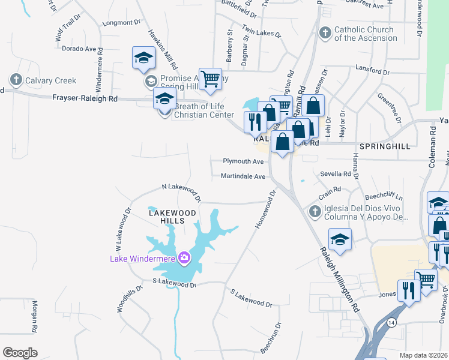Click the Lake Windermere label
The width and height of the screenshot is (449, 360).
coord(142,259)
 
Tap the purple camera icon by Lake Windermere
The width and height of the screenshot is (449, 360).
coord(184,259)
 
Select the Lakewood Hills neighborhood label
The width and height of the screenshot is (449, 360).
coord(172,217)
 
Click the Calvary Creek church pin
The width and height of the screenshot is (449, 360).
coord(15,80)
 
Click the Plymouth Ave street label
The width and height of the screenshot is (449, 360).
coord(243,161)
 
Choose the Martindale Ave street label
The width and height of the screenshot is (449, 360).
coord(243,176)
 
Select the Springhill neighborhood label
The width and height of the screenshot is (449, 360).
coord(384,146)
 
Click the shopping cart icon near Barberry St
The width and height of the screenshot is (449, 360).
coord(210,79)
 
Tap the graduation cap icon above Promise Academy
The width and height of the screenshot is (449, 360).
coord(144,57)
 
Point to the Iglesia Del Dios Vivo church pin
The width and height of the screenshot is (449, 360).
coord(315,211)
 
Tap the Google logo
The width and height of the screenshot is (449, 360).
coord(20,353)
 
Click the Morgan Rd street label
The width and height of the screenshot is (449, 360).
coord(35,316)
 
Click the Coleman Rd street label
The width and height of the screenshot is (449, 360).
coord(433,143)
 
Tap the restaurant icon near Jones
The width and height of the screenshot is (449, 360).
coord(409,291)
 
